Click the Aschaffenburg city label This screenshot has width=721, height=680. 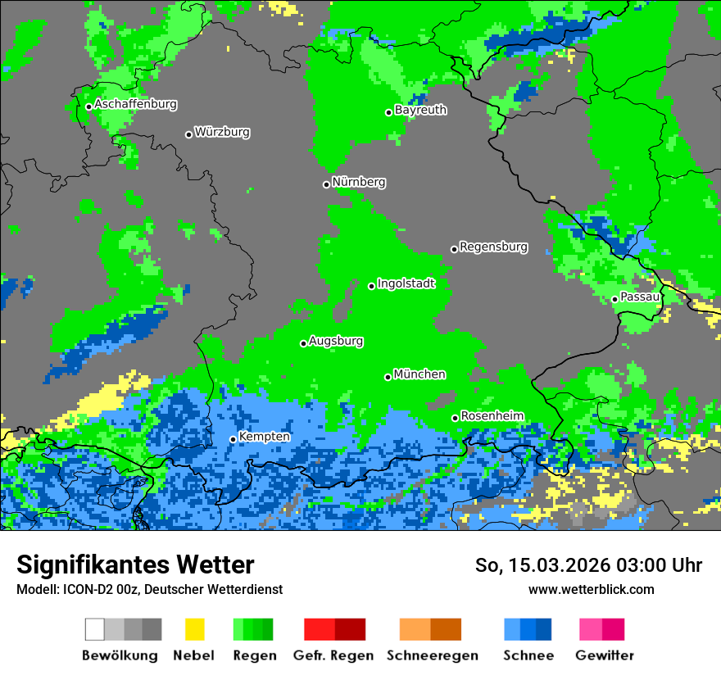[135, 105]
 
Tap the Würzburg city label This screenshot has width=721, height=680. [222, 132]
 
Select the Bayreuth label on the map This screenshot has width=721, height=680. [420, 110]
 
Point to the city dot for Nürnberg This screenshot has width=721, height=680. [326, 184]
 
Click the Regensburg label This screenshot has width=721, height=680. [493, 247]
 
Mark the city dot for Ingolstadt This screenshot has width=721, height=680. [371, 286]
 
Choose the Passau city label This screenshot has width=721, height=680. [640, 297]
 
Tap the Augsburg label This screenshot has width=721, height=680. [336, 341]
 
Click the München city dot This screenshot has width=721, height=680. [388, 377]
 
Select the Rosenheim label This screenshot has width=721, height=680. [492, 416]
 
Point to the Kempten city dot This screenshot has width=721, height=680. [233, 439]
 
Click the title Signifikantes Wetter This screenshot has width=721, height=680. [135, 564]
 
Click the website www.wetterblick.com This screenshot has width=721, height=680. [591, 589]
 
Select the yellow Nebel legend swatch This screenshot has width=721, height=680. [194, 629]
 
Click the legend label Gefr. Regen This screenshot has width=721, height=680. [333, 655]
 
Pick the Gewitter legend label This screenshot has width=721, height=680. [605, 655]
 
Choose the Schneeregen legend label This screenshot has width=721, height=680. [433, 655]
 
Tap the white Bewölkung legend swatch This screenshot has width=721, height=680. [94, 629]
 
